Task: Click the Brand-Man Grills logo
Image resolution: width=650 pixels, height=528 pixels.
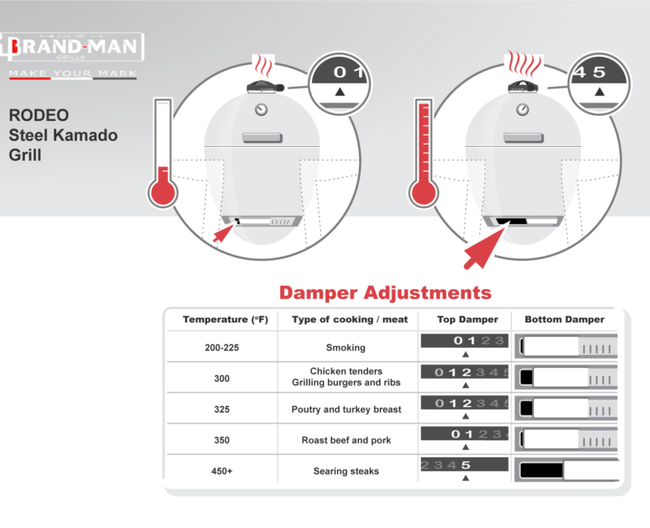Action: point(72,46)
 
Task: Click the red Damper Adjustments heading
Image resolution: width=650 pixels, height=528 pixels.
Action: point(385,292)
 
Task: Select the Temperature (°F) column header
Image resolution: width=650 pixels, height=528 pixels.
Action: point(226,319)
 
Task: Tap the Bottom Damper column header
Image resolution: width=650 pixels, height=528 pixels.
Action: point(564,319)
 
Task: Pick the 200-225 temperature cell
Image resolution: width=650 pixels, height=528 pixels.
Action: point(222,348)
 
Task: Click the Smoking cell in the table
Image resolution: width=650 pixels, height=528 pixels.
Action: point(346,348)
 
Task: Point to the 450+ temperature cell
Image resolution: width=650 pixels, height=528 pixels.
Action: point(222,471)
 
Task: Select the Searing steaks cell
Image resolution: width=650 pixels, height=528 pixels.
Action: point(346,471)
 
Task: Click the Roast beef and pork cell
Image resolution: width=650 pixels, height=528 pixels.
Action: point(346,440)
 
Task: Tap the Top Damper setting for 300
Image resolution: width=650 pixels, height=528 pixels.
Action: point(465,376)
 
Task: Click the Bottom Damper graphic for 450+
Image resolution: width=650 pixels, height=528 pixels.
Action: point(566,470)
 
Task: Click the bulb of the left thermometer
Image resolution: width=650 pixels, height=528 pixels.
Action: point(163,193)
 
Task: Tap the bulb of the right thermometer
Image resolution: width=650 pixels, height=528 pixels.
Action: point(423,193)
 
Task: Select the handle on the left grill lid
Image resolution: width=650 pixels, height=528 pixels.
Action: point(262,137)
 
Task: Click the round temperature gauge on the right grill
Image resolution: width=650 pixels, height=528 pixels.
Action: point(522,110)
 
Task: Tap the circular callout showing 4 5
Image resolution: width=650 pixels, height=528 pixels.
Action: point(599,84)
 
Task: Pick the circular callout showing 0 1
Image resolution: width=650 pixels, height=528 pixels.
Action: point(340,84)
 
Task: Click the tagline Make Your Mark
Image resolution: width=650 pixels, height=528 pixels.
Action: point(73,74)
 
